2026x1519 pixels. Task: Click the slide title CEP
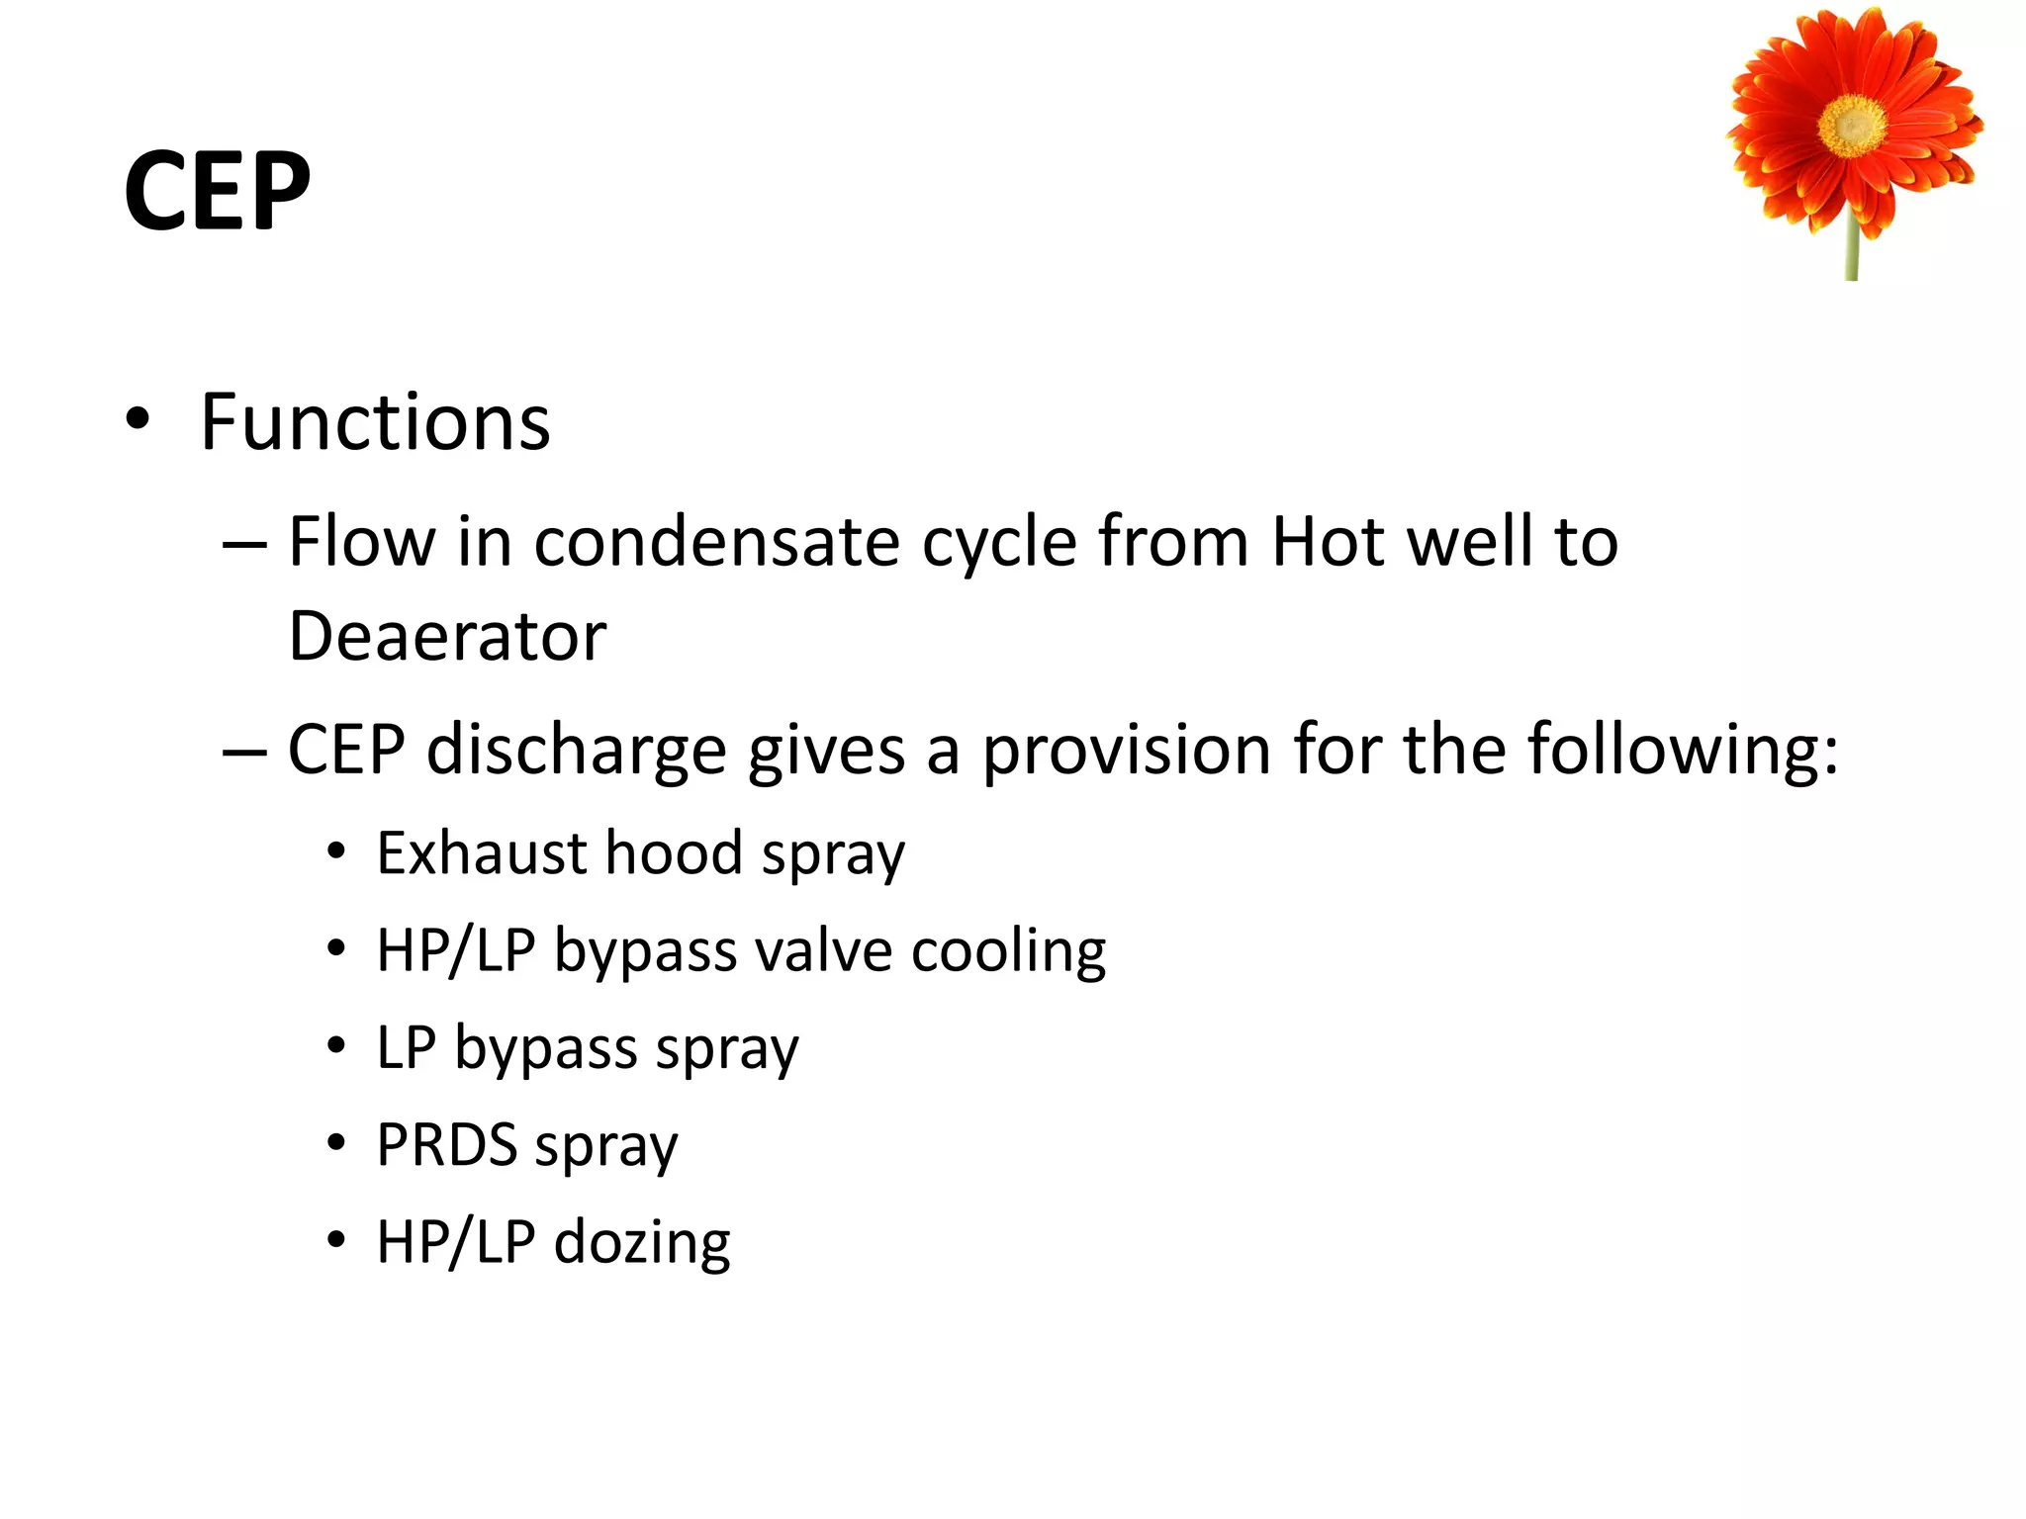tap(217, 191)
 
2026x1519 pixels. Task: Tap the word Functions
tap(375, 422)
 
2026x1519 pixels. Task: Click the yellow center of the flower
tap(1853, 126)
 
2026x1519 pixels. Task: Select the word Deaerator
tap(447, 636)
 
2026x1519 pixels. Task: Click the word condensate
tap(717, 542)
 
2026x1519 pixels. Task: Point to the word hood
tap(674, 853)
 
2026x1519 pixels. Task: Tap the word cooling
tap(1008, 951)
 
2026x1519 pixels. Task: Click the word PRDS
tap(447, 1145)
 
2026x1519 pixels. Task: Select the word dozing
tap(642, 1242)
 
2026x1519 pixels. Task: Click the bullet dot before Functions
tap(138, 419)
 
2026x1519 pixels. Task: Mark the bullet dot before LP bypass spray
tap(337, 1045)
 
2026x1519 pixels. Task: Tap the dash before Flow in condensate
tap(244, 544)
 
